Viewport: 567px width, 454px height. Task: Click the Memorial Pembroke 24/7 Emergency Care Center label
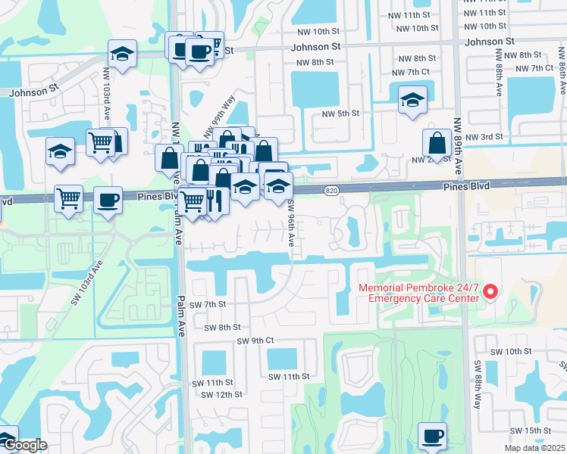(x=418, y=293)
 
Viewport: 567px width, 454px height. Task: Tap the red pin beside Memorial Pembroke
(x=490, y=291)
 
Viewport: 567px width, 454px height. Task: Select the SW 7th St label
(x=208, y=303)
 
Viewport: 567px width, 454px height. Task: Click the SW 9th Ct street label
(x=255, y=340)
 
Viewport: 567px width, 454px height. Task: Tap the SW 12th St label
(x=221, y=394)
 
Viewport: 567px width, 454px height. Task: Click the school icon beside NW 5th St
(x=412, y=100)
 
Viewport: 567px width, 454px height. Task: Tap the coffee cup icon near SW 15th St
(x=432, y=436)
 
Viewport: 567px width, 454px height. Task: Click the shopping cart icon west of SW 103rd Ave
(x=69, y=199)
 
